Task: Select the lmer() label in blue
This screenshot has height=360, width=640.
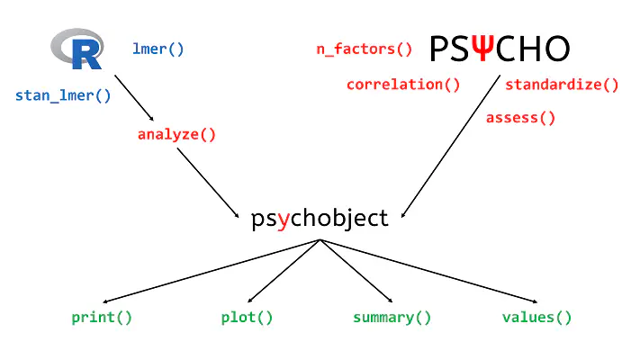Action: point(158,49)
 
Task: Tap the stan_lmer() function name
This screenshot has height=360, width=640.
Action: point(63,95)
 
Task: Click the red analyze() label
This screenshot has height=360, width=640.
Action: point(177,135)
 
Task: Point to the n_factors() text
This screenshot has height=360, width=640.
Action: point(364,49)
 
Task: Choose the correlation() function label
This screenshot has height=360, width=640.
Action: point(403,85)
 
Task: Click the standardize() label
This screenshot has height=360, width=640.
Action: point(562,85)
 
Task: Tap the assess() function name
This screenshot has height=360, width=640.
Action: point(520,117)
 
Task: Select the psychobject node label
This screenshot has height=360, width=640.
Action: point(320,218)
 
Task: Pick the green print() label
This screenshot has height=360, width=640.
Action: point(102,317)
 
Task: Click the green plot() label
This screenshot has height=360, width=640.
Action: point(247,317)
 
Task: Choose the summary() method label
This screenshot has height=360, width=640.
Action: point(392,317)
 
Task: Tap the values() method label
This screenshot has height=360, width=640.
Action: point(536,317)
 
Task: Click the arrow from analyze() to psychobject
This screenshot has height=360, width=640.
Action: point(209,183)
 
